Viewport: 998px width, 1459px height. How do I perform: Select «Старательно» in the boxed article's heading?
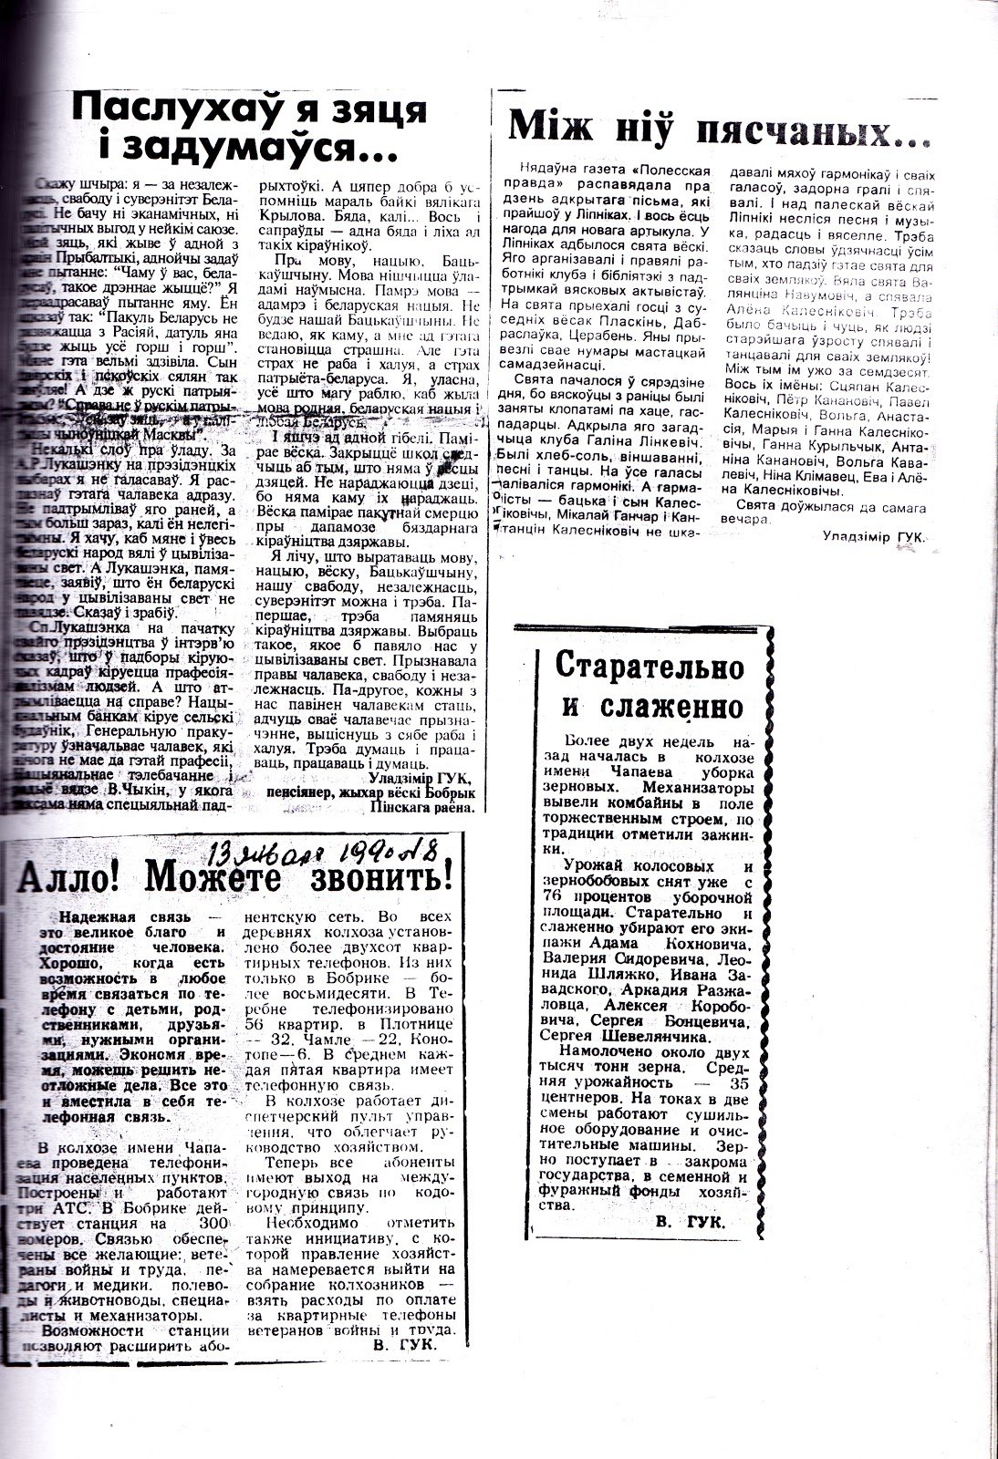[x=647, y=667]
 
